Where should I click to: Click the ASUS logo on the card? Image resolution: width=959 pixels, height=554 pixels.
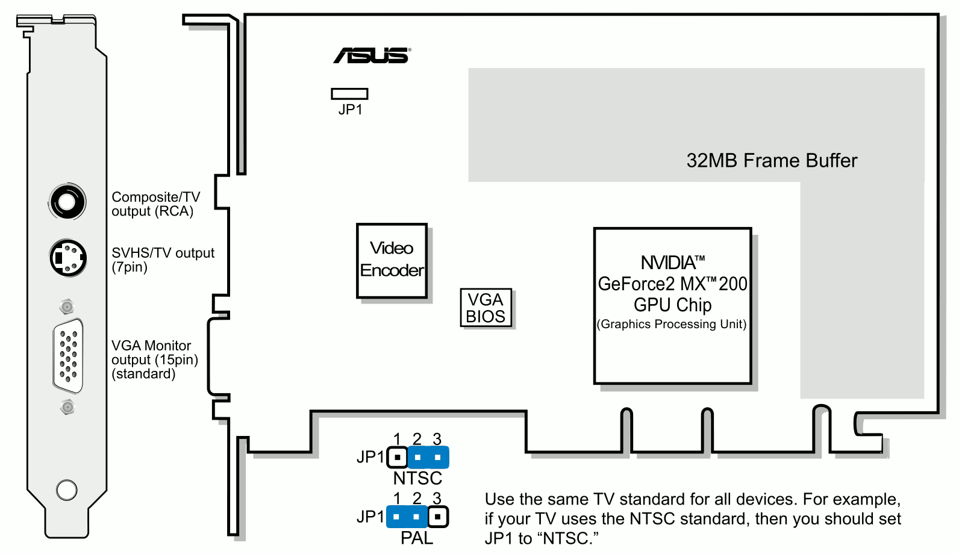pyautogui.click(x=372, y=55)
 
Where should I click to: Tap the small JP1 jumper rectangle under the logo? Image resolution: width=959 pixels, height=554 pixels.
pyautogui.click(x=349, y=93)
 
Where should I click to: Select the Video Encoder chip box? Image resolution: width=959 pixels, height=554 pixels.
pyautogui.click(x=392, y=260)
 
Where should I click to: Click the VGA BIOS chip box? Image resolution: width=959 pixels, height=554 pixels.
pyautogui.click(x=486, y=308)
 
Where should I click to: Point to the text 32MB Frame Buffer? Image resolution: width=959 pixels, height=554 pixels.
pyautogui.click(x=771, y=161)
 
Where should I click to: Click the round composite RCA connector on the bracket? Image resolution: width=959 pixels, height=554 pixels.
pyautogui.click(x=67, y=201)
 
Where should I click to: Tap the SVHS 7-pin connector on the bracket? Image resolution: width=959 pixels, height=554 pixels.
pyautogui.click(x=67, y=258)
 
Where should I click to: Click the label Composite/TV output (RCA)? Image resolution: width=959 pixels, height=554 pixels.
pyautogui.click(x=155, y=204)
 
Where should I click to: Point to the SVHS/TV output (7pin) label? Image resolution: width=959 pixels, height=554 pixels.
pyautogui.click(x=163, y=260)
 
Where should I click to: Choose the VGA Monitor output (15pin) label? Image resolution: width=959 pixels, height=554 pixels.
pyautogui.click(x=154, y=359)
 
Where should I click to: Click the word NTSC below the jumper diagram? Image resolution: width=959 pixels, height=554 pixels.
pyautogui.click(x=417, y=478)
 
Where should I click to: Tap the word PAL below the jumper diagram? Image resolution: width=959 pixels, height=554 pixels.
pyautogui.click(x=417, y=538)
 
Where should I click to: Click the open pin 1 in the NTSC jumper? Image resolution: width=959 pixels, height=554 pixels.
pyautogui.click(x=397, y=458)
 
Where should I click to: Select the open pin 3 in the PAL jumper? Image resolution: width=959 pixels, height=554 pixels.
pyautogui.click(x=438, y=517)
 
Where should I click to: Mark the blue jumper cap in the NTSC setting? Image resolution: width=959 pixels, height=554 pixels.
pyautogui.click(x=428, y=458)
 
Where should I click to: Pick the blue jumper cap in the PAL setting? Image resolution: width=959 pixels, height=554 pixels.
pyautogui.click(x=407, y=517)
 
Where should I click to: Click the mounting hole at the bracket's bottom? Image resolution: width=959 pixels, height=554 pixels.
pyautogui.click(x=67, y=490)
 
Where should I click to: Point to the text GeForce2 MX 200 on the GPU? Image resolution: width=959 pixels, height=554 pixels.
pyautogui.click(x=672, y=284)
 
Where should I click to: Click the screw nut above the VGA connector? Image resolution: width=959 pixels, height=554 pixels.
pyautogui.click(x=67, y=307)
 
